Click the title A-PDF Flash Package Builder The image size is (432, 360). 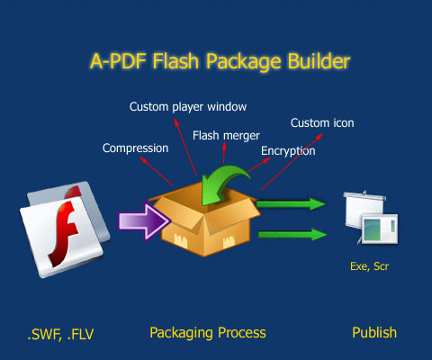(x=220, y=62)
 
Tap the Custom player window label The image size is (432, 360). (x=188, y=107)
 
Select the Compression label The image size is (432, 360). (x=136, y=148)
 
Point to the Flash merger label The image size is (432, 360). (x=226, y=136)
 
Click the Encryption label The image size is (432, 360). (x=288, y=151)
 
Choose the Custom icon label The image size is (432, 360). (x=322, y=123)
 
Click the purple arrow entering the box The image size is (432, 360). (x=144, y=221)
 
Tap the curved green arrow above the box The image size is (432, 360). (x=222, y=185)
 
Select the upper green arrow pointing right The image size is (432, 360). (x=291, y=204)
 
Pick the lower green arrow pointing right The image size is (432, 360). (x=292, y=234)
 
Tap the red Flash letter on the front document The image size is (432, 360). (x=64, y=233)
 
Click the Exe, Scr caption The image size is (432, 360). (x=369, y=266)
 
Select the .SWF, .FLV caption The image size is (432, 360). (x=60, y=334)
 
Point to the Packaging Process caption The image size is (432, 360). (x=208, y=333)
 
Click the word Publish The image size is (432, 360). (x=374, y=333)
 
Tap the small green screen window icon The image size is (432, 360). (x=380, y=229)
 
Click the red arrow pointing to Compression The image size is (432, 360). (x=157, y=172)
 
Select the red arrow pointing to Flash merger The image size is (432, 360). (x=224, y=153)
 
